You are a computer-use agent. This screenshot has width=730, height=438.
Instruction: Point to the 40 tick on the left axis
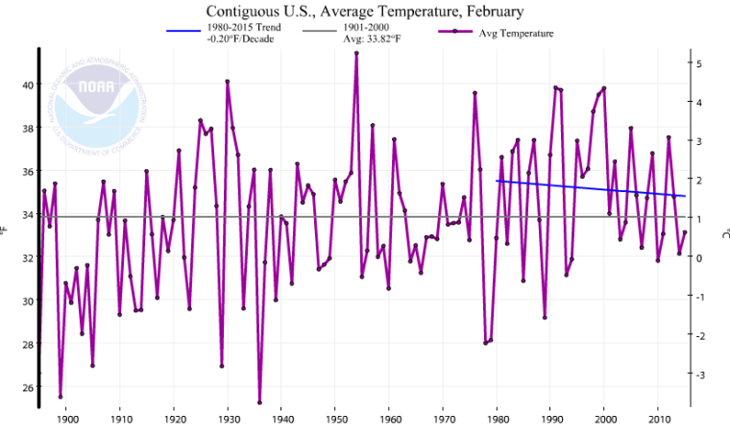click(x=27, y=85)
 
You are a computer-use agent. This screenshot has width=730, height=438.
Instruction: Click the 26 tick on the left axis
click(x=27, y=388)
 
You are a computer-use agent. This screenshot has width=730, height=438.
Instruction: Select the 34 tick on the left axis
click(x=27, y=215)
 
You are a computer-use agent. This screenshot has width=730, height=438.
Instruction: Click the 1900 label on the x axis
click(x=66, y=420)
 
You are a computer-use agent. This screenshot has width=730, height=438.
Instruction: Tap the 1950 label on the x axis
click(x=335, y=420)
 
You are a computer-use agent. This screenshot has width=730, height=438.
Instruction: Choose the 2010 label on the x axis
click(x=659, y=420)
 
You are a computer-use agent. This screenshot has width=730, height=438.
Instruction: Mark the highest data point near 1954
click(x=356, y=53)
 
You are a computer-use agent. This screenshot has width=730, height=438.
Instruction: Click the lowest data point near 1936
click(x=259, y=402)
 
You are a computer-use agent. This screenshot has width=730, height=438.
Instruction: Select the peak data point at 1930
click(x=227, y=82)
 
